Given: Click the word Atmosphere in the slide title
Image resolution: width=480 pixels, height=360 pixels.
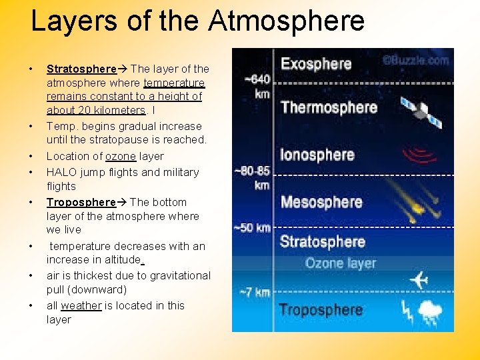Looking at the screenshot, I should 287,20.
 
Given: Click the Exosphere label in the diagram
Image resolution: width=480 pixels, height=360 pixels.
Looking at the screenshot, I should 316,65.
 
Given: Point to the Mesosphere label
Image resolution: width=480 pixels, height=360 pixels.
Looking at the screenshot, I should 322,201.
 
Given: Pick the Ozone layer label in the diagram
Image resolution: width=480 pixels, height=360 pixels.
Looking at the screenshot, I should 341,263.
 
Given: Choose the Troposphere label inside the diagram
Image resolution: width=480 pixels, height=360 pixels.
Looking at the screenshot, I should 321,310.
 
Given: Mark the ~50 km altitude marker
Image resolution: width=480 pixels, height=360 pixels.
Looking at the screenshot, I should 252,228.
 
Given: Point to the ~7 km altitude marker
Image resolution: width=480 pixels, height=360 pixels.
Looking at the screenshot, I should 254,292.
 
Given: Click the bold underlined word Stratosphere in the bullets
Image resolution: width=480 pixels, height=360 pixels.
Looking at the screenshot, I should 81,69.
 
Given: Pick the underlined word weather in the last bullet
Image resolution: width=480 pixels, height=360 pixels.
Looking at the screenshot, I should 81,305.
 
